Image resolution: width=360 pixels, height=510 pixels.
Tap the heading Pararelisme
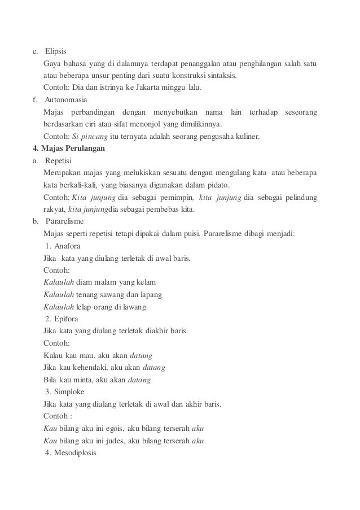pos(63,222)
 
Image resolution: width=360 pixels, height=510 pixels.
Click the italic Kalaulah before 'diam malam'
pos(59,283)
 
